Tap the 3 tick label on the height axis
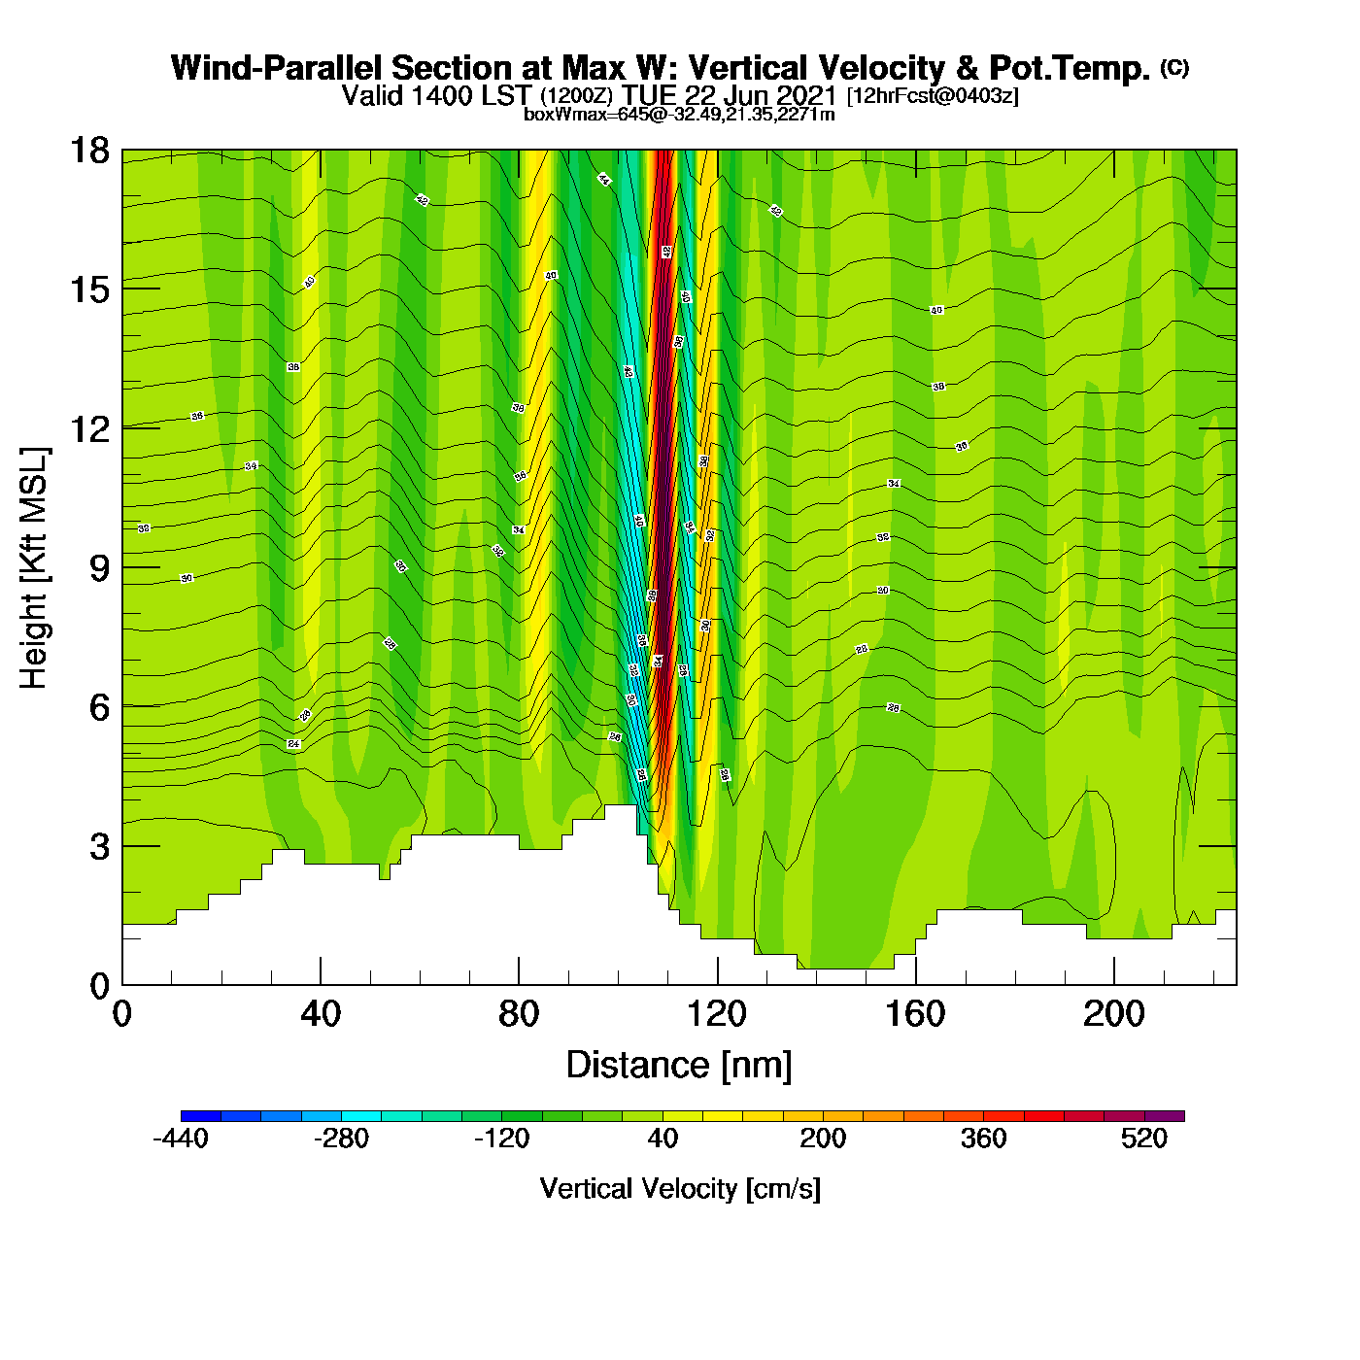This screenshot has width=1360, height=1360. coord(99,847)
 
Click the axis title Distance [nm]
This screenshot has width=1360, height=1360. coord(679,1066)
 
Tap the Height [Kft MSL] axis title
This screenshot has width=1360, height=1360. coord(34,568)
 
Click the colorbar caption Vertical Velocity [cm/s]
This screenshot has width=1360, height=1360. coord(680,1189)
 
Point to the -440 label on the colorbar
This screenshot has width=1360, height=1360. coord(181,1139)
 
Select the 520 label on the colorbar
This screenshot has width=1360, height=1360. coord(1144,1139)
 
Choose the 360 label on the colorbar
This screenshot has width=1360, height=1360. coord(983,1139)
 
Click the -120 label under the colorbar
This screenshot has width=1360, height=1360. coord(502,1139)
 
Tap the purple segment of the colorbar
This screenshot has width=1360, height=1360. coord(1165,1116)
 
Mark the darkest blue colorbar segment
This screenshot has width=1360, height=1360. coord(200,1116)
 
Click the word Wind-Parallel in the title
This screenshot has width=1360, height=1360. coord(278,68)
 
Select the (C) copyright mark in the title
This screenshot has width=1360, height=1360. coord(1174,67)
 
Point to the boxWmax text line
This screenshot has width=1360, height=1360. coord(679,115)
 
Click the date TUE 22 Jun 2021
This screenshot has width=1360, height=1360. coord(730,95)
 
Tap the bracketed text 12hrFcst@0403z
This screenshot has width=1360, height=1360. coord(933,96)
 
